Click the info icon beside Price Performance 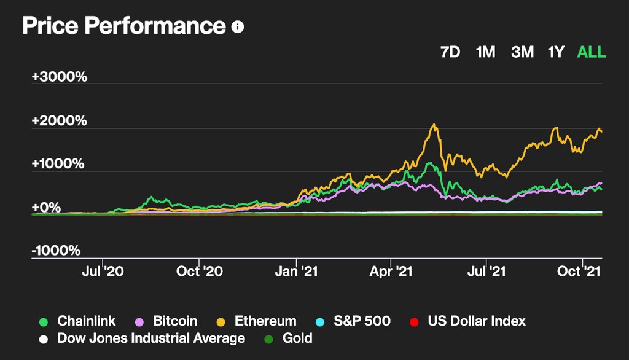point(238,28)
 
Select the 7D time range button point(450,52)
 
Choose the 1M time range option point(485,52)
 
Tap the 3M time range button point(522,52)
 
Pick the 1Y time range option point(556,52)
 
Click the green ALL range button point(592,52)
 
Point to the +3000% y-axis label point(60,77)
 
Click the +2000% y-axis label point(60,121)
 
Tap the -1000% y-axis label point(57,251)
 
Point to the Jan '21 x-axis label point(297,271)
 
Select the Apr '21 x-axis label point(392,271)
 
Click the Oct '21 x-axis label point(581,271)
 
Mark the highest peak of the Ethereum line point(434,125)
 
